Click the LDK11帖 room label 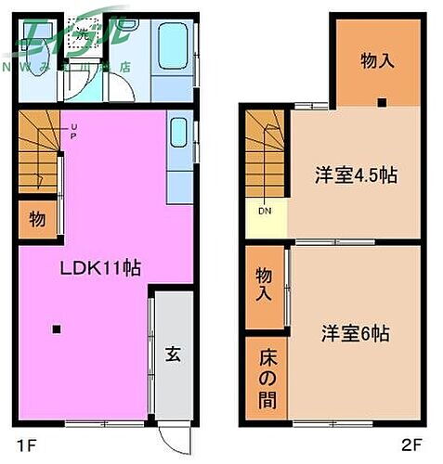pyautogui.click(x=100, y=268)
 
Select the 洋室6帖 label pyautogui.click(x=355, y=332)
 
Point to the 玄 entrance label pyautogui.click(x=174, y=354)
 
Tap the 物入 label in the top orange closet pyautogui.click(x=377, y=61)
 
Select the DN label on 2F pyautogui.click(x=265, y=211)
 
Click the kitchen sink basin pyautogui.click(x=179, y=135)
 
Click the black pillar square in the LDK pyautogui.click(x=57, y=329)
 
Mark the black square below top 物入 pyautogui.click(x=381, y=102)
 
